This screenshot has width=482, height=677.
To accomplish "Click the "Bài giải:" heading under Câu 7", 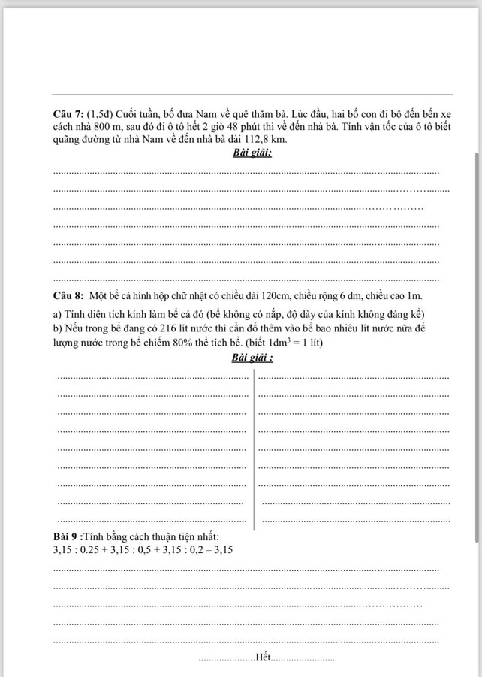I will pyautogui.click(x=252, y=153).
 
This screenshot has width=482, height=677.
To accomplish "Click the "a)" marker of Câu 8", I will pyautogui.click(x=57, y=313).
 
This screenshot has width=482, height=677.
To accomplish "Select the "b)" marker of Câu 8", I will pyautogui.click(x=57, y=328).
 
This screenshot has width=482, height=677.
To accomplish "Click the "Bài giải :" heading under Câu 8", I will pyautogui.click(x=253, y=357).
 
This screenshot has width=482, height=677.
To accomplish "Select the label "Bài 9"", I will pyautogui.click(x=65, y=536).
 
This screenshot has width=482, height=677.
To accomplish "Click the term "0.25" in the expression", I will pyautogui.click(x=104, y=549).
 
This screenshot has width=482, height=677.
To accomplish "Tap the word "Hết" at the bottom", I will pyautogui.click(x=262, y=658).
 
